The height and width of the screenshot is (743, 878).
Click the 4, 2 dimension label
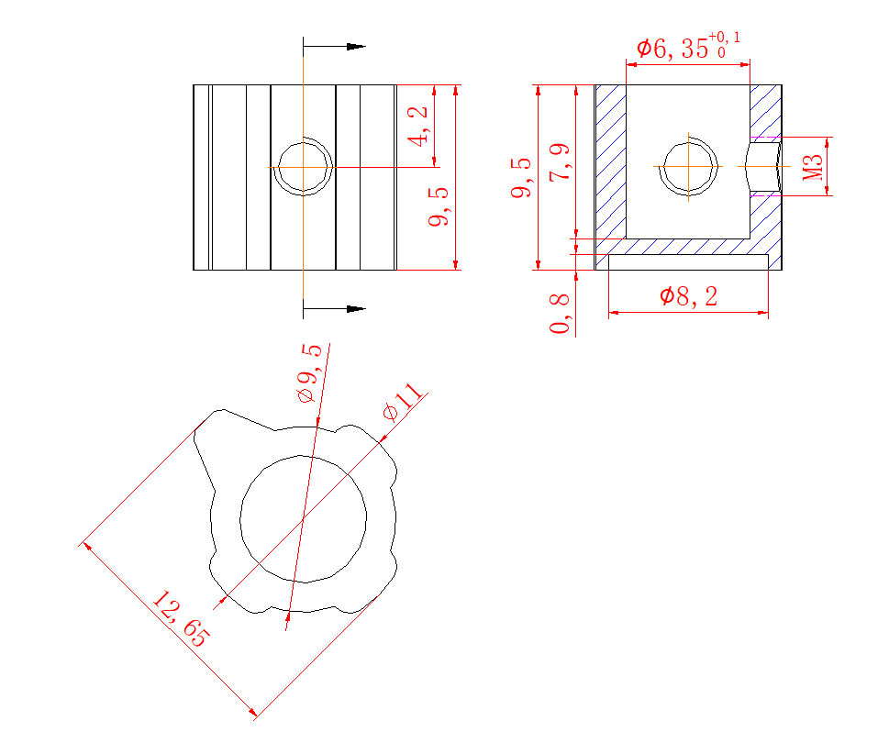point(418,127)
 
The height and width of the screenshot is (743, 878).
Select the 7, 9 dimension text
point(560,161)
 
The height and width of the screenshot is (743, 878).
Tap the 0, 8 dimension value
point(560,314)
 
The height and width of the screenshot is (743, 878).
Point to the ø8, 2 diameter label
point(688,296)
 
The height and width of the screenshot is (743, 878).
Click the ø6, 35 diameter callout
point(672,49)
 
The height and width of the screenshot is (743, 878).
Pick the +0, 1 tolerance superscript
point(724,38)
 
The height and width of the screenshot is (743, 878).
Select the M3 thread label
point(813,167)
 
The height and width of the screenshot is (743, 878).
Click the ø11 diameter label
point(403,402)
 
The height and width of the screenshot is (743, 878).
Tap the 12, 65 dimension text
point(181,618)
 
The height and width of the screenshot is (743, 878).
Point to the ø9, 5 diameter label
point(310,373)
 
